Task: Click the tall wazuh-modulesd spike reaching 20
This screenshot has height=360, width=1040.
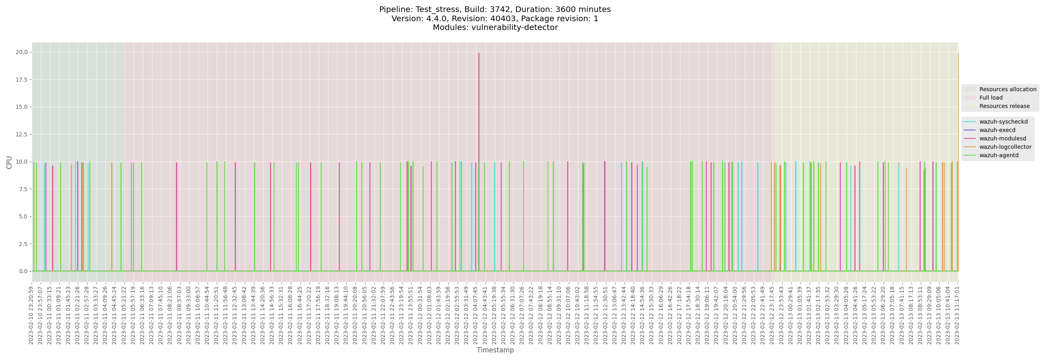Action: [x=479, y=121]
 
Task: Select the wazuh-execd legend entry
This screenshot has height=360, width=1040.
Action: [x=997, y=130]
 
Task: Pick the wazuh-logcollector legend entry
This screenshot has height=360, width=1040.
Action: [x=1005, y=147]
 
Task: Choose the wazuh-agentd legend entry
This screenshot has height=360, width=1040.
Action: [x=998, y=156]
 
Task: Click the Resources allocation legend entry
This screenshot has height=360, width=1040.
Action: [x=1007, y=90]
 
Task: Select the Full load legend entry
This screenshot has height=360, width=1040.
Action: [x=991, y=98]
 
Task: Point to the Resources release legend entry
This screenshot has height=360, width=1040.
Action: [x=1004, y=106]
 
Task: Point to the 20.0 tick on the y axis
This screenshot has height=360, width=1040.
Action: [x=21, y=52]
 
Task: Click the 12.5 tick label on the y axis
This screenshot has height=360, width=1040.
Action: [x=21, y=134]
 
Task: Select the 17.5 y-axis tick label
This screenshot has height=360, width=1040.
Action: [x=21, y=80]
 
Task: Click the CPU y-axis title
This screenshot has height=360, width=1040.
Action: [x=9, y=162]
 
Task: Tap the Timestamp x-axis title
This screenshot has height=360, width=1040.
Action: [x=495, y=350]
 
